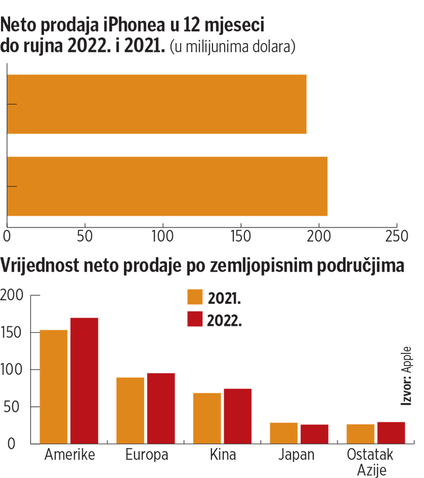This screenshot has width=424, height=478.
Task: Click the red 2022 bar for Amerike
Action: coord(84,380)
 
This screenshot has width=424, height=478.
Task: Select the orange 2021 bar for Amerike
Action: coord(54,387)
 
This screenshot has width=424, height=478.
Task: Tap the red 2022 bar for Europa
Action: coord(161,408)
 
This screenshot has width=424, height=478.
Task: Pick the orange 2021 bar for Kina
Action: coord(207,418)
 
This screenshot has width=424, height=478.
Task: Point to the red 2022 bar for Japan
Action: coord(314,434)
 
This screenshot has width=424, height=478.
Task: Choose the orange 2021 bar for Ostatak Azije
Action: coord(360,434)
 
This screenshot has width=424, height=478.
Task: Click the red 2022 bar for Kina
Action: coord(237,416)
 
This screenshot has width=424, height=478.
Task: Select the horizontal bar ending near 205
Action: coord(167,186)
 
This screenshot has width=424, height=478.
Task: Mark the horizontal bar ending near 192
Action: coord(156,104)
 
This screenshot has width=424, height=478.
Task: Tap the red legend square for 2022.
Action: coord(195,319)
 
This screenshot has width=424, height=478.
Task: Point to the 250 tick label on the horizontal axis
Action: coord(397,236)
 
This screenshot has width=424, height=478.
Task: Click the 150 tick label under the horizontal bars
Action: coord(241,236)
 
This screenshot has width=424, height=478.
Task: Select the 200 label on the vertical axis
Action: coord(13,296)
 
